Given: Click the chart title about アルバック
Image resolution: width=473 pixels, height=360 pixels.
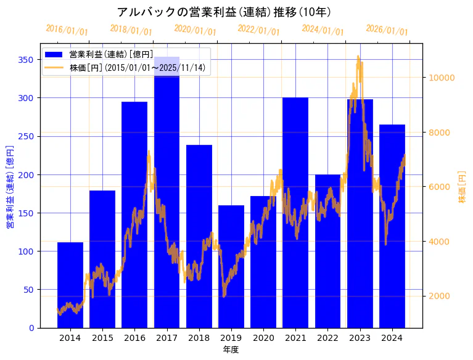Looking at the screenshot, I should point(224,12).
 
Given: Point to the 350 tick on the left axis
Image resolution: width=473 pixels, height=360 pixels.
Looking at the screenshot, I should point(27,60).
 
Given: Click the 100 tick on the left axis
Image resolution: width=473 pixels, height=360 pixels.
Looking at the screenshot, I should point(27,252).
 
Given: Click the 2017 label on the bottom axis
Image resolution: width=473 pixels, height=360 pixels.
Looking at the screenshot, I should point(167,338).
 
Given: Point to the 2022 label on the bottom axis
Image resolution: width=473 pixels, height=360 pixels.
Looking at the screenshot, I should point(327,338).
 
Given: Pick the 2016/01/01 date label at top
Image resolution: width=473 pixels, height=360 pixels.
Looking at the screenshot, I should point(67,30).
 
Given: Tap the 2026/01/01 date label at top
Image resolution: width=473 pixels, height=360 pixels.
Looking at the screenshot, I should point(387,30).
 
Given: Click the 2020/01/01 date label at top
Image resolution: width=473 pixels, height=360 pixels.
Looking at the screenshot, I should point(195,30).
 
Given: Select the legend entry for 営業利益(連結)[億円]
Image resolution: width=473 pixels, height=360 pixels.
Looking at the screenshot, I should point(111,55).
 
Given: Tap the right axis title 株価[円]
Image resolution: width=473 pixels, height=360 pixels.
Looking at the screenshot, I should point(462,187).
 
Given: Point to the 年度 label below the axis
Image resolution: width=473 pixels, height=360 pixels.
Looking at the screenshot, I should point(231,350).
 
